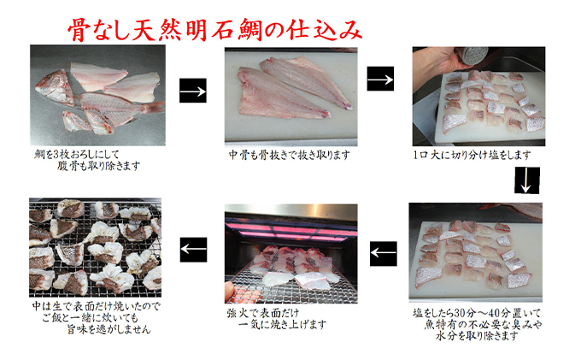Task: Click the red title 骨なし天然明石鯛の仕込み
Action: (x=215, y=30)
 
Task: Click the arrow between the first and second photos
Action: (x=193, y=91)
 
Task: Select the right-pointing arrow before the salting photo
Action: (x=380, y=79)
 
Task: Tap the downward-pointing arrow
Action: (x=526, y=180)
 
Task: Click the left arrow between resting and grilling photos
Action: (x=383, y=254)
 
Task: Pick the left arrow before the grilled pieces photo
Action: (x=193, y=250)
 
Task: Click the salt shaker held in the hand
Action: (x=472, y=55)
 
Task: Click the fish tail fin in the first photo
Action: (x=152, y=108)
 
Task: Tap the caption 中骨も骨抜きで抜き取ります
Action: (x=289, y=155)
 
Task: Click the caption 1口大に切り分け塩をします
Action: (x=472, y=155)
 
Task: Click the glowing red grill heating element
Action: (x=291, y=231)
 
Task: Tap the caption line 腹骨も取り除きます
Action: (x=98, y=166)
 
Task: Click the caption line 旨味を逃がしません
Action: (x=109, y=329)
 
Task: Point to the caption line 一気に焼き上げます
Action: (x=282, y=325)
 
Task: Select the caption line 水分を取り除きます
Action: (x=477, y=336)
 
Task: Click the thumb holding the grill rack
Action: (x=232, y=290)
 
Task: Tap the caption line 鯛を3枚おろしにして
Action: (x=77, y=154)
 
